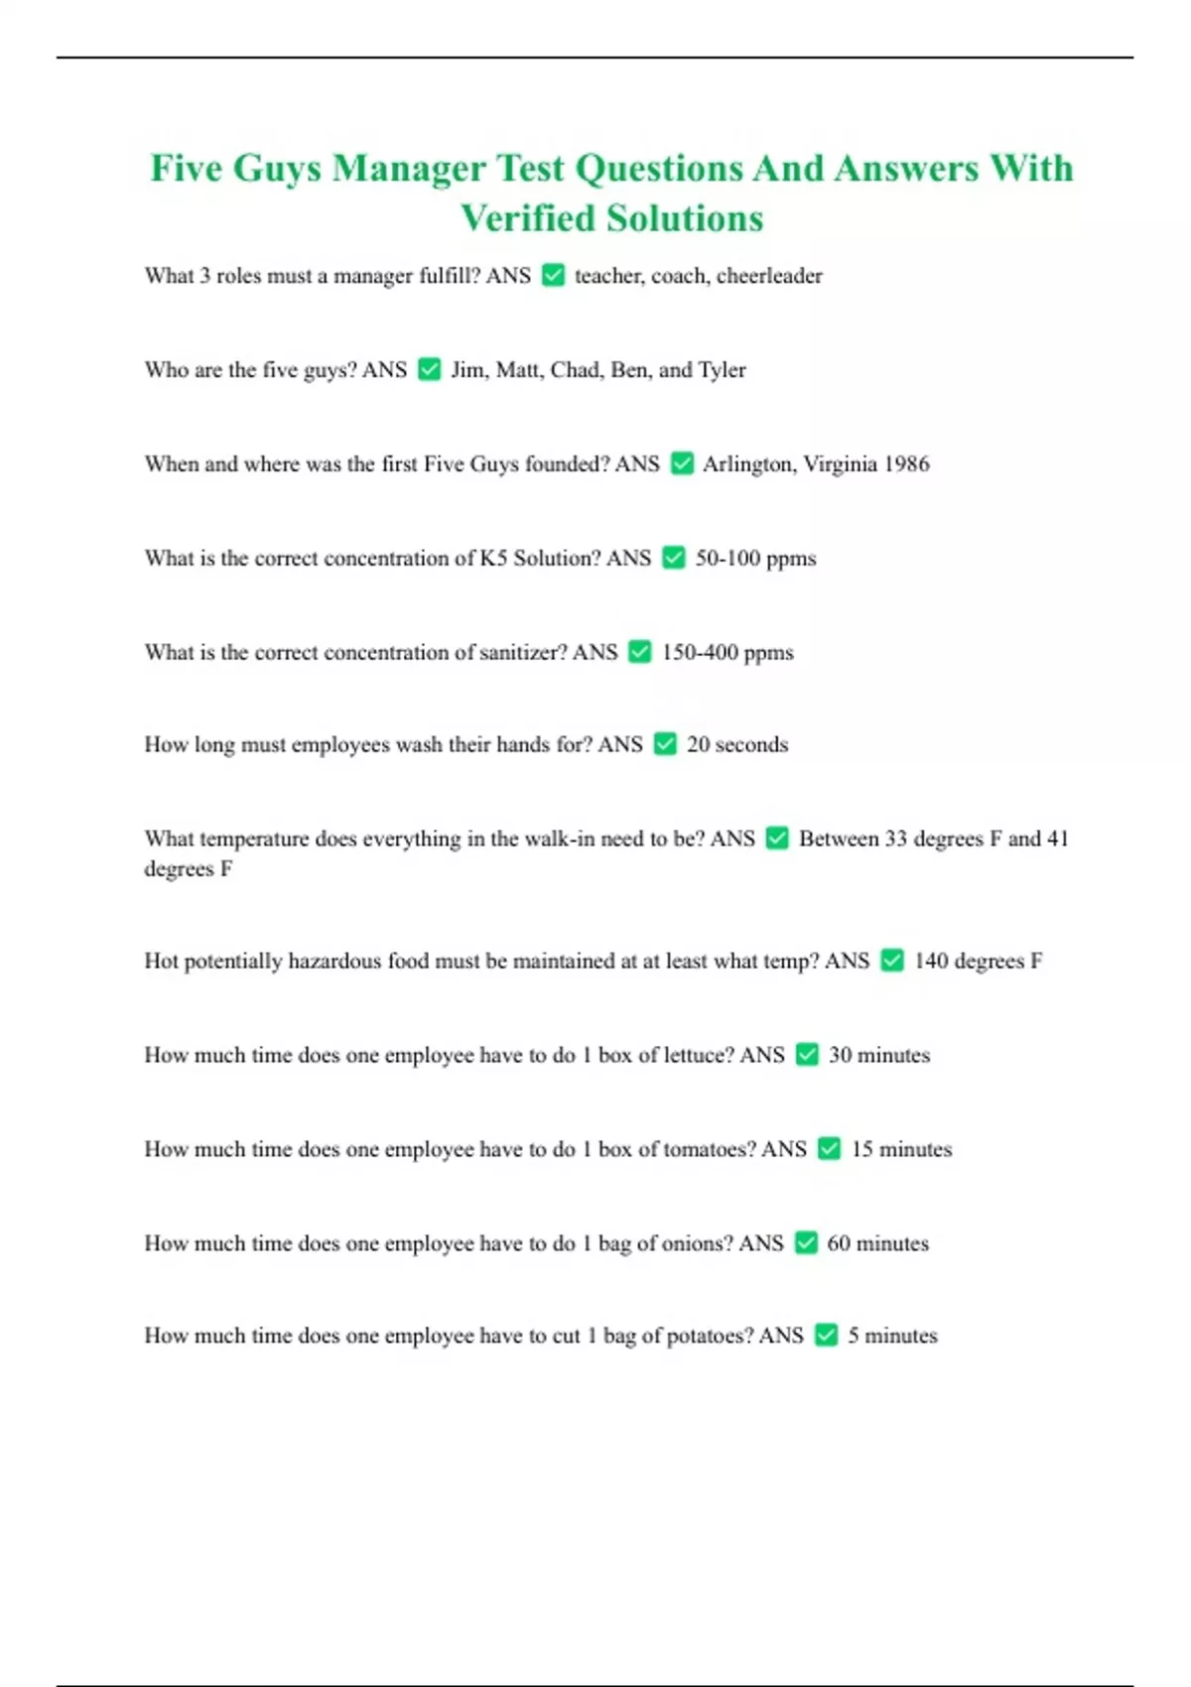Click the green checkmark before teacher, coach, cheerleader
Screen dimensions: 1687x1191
(x=554, y=275)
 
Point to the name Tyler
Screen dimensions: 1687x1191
(x=722, y=370)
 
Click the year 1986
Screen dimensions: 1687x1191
(x=906, y=463)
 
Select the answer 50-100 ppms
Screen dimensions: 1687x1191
(x=755, y=559)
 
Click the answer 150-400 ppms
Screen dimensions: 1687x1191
(x=728, y=653)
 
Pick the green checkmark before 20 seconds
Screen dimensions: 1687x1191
(x=665, y=744)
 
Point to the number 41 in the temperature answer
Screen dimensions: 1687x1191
(x=1057, y=839)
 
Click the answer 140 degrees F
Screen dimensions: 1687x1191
(x=978, y=961)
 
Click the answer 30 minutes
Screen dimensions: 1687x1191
(x=879, y=1055)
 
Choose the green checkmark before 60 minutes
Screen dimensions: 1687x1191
(x=807, y=1243)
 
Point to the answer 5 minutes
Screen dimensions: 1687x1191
(x=892, y=1336)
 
